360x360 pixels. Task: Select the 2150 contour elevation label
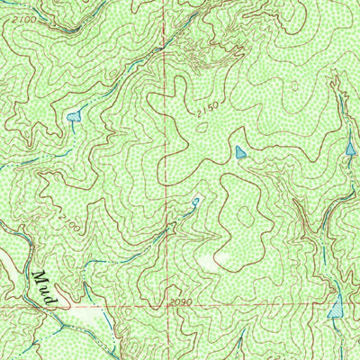[x=206, y=111]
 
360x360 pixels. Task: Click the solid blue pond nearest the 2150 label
[x=238, y=152]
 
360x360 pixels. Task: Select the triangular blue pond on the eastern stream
[x=350, y=147]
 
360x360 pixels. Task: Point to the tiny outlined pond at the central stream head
[x=195, y=201]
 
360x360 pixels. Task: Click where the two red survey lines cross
[x=166, y=308]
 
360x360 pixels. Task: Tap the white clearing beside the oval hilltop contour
[x=209, y=261]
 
